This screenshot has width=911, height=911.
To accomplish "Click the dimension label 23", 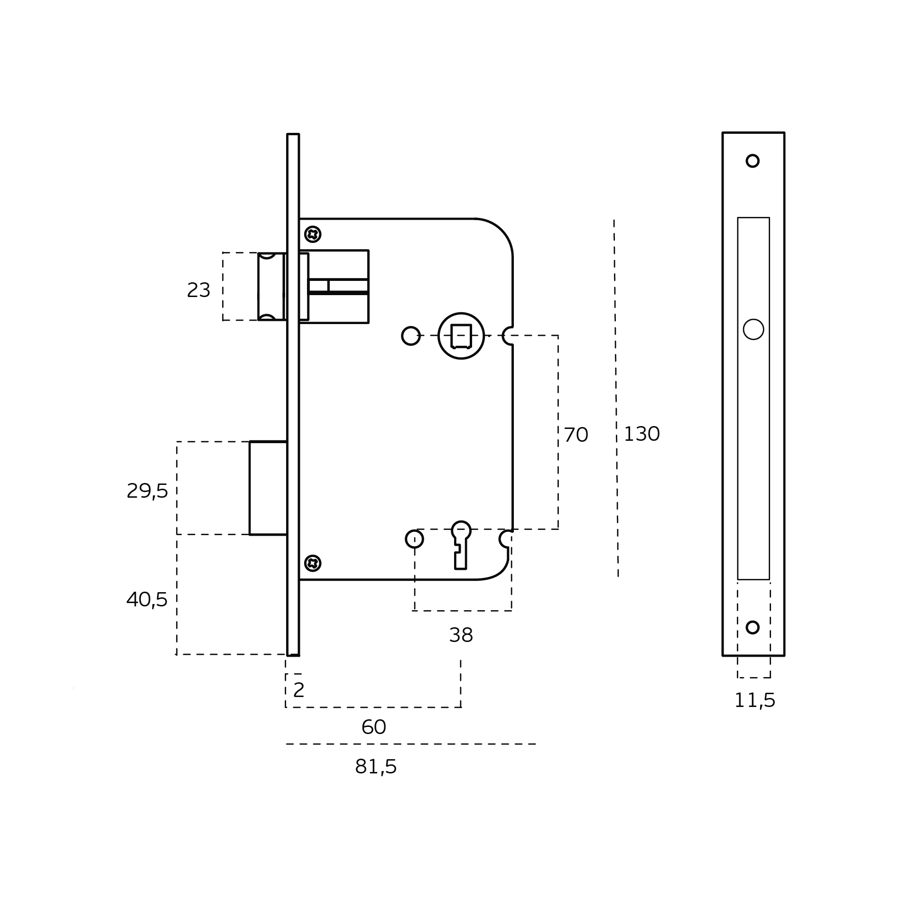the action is [x=198, y=290].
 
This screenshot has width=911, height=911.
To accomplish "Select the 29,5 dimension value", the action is [x=147, y=491].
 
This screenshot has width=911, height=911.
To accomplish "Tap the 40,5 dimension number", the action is [x=147, y=599].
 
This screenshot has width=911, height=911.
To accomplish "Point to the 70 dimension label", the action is [x=576, y=435].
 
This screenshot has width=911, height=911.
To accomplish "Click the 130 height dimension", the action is [x=641, y=434].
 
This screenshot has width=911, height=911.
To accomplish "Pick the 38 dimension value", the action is [x=461, y=635].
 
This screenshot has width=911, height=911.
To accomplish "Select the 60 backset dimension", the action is [x=373, y=727].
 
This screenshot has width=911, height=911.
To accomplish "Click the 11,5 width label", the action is [x=754, y=700].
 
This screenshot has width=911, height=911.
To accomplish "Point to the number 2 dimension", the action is [x=298, y=690].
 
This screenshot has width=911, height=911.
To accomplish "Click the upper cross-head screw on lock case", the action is [x=313, y=234].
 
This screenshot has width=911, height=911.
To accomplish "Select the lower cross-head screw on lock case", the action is [x=313, y=563].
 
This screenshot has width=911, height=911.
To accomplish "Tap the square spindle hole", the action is [x=461, y=336].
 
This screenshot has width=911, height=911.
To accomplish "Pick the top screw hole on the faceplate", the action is [x=753, y=161].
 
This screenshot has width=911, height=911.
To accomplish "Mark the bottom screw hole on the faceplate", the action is [x=753, y=627].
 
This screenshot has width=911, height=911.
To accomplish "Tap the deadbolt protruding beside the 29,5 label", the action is [x=268, y=488].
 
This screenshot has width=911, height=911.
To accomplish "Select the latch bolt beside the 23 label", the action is [x=272, y=287].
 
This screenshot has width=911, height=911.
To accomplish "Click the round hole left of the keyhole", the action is [x=414, y=539].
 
